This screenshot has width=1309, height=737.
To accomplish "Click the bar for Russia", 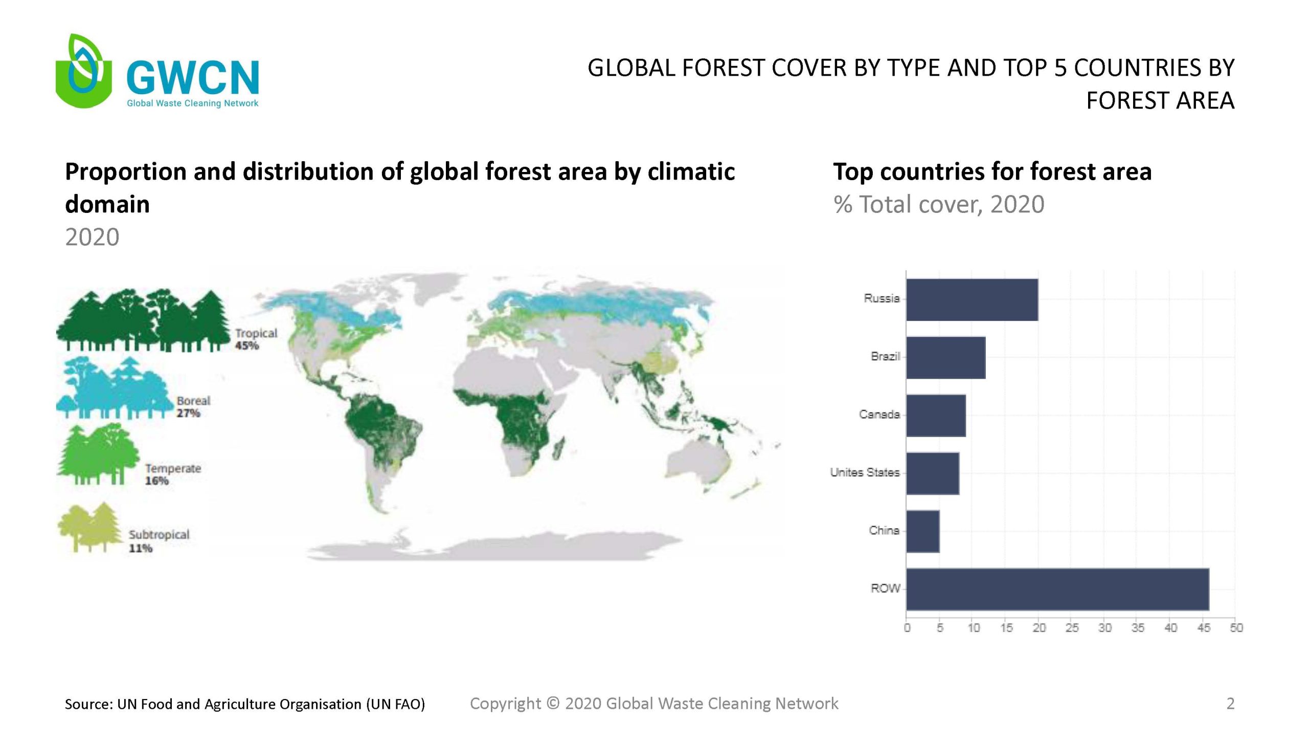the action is pos(972,299).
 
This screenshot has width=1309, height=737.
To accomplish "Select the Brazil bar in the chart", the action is pos(945,357).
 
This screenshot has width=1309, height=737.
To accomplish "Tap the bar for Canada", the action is pos(936,415).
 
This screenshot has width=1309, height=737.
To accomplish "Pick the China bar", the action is pos(922,531).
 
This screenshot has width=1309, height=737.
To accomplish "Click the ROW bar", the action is pos(1057,589).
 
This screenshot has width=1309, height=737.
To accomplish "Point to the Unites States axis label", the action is pos(865,472).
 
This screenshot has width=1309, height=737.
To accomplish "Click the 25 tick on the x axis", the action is pos(1072,628).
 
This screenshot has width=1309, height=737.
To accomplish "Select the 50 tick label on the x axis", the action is pos(1236,628).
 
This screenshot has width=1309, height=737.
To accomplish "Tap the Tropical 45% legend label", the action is pos(256,339).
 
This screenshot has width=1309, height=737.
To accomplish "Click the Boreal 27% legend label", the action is pos(193,407).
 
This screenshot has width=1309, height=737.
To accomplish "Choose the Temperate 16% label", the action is pos(173,474).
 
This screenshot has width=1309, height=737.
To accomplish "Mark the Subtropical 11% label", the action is pos(159,541).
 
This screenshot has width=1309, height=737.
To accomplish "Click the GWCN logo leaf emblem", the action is pos(83,71).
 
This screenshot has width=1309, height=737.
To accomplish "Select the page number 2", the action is pos(1230,704).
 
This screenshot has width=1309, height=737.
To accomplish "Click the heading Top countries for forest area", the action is pos(992,171).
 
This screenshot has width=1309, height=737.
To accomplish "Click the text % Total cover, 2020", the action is pos(939,204).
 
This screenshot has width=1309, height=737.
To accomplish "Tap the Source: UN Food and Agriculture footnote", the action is pos(245,704).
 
